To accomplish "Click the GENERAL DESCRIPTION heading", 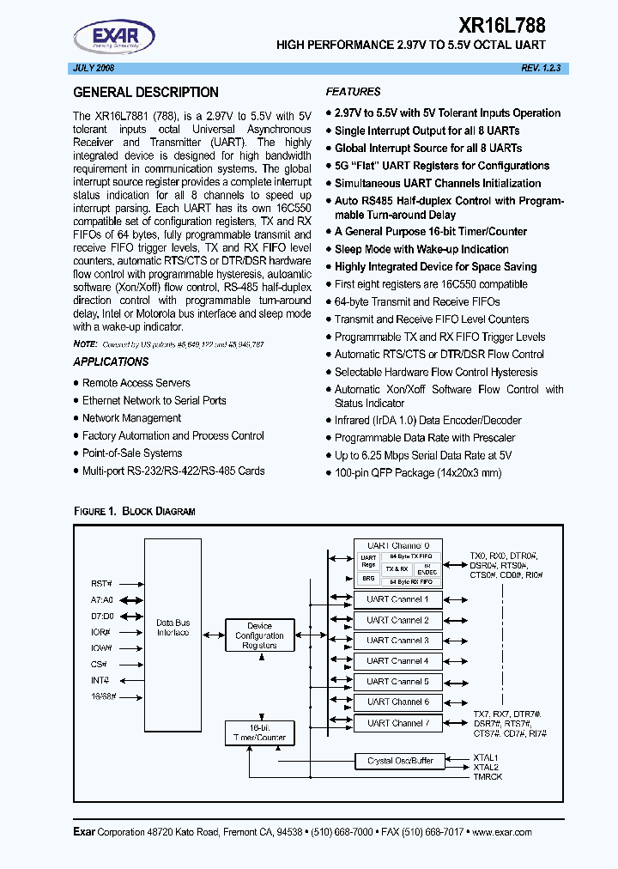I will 146,93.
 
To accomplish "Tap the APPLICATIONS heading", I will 111,362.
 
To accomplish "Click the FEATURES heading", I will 353,92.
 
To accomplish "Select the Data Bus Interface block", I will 173,627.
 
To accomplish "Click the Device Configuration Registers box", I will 259,636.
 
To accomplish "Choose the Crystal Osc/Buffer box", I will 400,761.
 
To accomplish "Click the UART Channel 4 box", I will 397,661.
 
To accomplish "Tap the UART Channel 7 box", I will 397,723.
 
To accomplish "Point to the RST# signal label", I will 102,582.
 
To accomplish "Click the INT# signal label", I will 100,681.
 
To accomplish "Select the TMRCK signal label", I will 488,776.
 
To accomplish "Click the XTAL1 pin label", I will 486,757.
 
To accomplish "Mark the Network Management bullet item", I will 131,418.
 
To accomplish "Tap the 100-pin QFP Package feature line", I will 417,473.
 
